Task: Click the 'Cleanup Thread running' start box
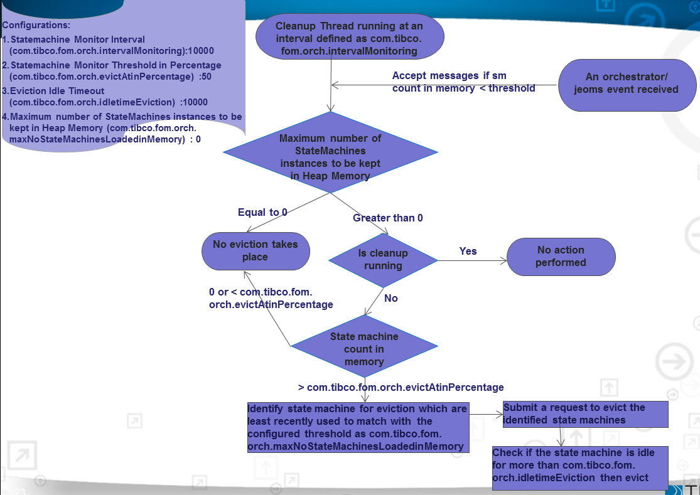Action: (349, 38)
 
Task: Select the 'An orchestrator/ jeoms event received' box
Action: (627, 83)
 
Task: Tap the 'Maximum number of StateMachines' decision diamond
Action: (330, 157)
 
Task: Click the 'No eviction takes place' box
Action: (255, 250)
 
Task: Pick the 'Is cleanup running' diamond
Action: (383, 259)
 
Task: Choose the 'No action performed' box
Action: (561, 256)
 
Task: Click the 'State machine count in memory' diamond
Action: (364, 349)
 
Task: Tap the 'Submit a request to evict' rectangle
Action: (584, 414)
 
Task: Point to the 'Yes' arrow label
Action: (468, 251)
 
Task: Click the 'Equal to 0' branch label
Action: (262, 212)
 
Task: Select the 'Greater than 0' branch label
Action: (388, 218)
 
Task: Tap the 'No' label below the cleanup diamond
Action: (391, 298)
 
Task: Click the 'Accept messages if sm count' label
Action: (463, 82)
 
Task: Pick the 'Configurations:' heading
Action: (36, 26)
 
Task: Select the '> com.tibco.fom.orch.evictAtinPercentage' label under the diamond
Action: (401, 387)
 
